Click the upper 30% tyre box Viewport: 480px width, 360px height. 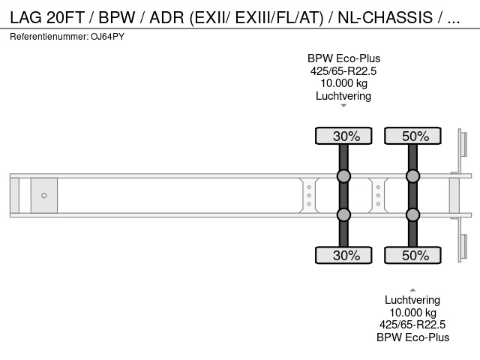click(x=343, y=136)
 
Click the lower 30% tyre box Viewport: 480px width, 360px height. click(x=343, y=256)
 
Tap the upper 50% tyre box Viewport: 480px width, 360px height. click(x=412, y=136)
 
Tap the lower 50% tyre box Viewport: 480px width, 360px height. click(x=412, y=256)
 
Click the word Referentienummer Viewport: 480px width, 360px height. click(x=50, y=36)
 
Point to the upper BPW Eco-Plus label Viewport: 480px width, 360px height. click(x=343, y=58)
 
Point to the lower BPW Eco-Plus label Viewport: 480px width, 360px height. click(x=412, y=337)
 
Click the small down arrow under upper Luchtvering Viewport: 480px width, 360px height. click(x=343, y=106)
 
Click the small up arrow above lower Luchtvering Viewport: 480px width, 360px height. click(x=412, y=289)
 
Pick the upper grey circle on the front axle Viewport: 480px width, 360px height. click(x=343, y=176)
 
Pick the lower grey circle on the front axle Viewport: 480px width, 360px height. click(x=343, y=215)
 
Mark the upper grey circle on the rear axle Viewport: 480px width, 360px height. click(x=412, y=176)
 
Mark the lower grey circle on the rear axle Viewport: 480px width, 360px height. click(x=412, y=215)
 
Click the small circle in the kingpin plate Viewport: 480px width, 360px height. click(x=44, y=196)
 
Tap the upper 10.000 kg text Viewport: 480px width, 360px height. click(x=343, y=83)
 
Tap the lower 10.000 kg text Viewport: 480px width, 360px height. click(x=412, y=312)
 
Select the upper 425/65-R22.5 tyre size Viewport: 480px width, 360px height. click(x=343, y=71)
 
